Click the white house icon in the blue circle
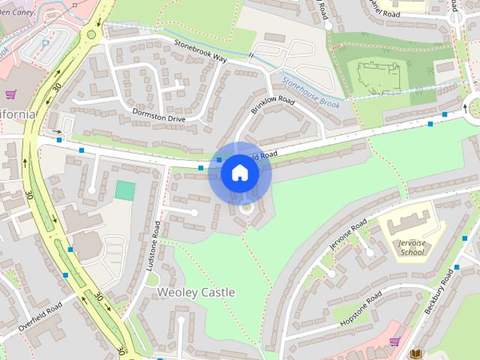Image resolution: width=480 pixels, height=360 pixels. click(239, 173)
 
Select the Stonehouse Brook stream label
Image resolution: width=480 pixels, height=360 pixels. click(310, 92)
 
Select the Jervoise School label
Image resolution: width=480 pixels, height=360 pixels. click(412, 248)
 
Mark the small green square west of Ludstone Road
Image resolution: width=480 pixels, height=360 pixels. click(125, 190)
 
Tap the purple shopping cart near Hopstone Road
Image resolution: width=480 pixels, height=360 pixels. click(394, 342)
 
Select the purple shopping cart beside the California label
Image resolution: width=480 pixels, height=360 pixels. click(10, 94)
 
